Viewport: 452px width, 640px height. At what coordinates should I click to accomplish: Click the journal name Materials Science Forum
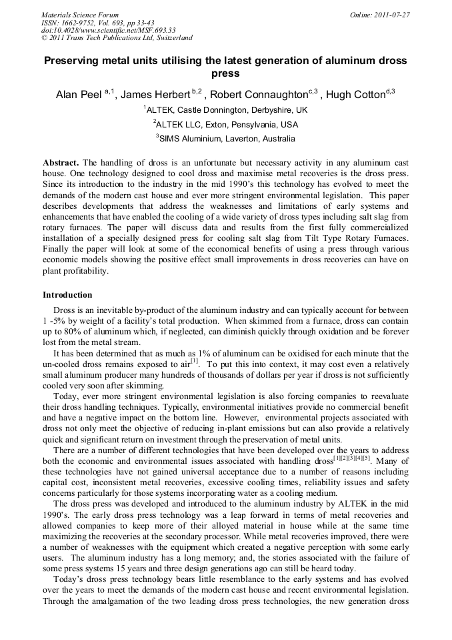tap(80, 15)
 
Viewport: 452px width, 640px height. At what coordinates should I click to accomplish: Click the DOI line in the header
tap(108, 30)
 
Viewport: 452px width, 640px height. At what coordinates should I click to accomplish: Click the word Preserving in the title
tap(73, 61)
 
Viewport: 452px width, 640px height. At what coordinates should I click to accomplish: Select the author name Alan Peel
tap(78, 95)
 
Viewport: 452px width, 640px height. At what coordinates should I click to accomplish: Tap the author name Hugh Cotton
tap(356, 95)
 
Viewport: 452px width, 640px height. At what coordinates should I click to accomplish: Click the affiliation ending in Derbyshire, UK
tap(227, 109)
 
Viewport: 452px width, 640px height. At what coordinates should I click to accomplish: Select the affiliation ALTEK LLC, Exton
tap(227, 124)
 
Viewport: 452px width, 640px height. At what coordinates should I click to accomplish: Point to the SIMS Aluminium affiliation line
tap(227, 139)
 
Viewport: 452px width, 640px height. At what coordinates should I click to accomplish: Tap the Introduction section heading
tap(67, 294)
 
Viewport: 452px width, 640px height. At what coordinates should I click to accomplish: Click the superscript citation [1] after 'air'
tap(194, 361)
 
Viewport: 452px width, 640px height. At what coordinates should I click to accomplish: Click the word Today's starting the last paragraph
tap(69, 581)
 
